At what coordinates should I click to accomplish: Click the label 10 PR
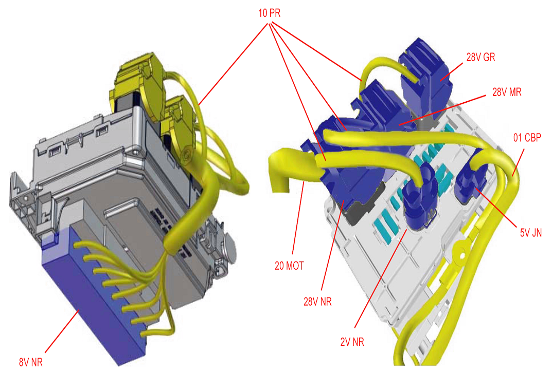pyautogui.click(x=269, y=13)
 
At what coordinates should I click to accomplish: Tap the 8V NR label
pyautogui.click(x=31, y=362)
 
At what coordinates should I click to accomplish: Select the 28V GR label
pyautogui.click(x=480, y=57)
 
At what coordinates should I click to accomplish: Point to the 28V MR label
pyautogui.click(x=507, y=92)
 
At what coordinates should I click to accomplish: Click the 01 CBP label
pyautogui.click(x=527, y=138)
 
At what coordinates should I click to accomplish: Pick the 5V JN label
pyautogui.click(x=531, y=233)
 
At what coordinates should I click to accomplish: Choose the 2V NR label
pyautogui.click(x=352, y=342)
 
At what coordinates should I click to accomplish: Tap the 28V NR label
pyautogui.click(x=317, y=302)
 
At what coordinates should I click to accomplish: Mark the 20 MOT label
pyautogui.click(x=289, y=266)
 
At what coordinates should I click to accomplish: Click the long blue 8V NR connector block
pyautogui.click(x=93, y=295)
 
